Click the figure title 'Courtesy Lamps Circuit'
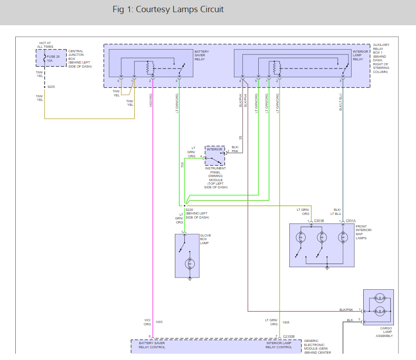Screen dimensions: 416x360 tap(180, 9)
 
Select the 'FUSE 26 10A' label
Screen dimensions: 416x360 tap(53, 59)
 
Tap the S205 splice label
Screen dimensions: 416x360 tap(51, 87)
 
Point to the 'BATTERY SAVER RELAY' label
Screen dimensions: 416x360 tap(201, 55)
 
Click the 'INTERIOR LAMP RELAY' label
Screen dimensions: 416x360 tap(360, 55)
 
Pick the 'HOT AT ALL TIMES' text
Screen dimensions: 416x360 tap(45, 45)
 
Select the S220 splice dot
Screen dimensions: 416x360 tap(185, 205)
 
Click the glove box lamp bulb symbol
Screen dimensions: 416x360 tap(190, 264)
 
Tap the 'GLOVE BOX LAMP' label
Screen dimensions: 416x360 tap(206, 239)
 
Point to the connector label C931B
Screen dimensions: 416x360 tap(319, 221)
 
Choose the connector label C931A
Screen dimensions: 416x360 tap(351, 221)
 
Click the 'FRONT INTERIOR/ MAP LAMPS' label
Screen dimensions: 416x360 tap(364, 232)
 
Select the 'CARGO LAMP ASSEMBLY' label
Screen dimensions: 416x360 tap(384, 332)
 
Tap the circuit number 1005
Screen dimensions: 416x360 tap(159, 322)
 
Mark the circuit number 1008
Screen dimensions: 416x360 tap(286, 323)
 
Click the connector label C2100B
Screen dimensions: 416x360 tap(288, 337)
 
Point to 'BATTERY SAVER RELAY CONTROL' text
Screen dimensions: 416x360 tap(152, 345)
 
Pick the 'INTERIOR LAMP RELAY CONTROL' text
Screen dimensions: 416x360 tap(279, 345)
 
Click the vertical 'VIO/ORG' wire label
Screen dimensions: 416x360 tap(151, 100)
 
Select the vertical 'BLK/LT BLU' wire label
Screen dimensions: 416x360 tap(341, 102)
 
